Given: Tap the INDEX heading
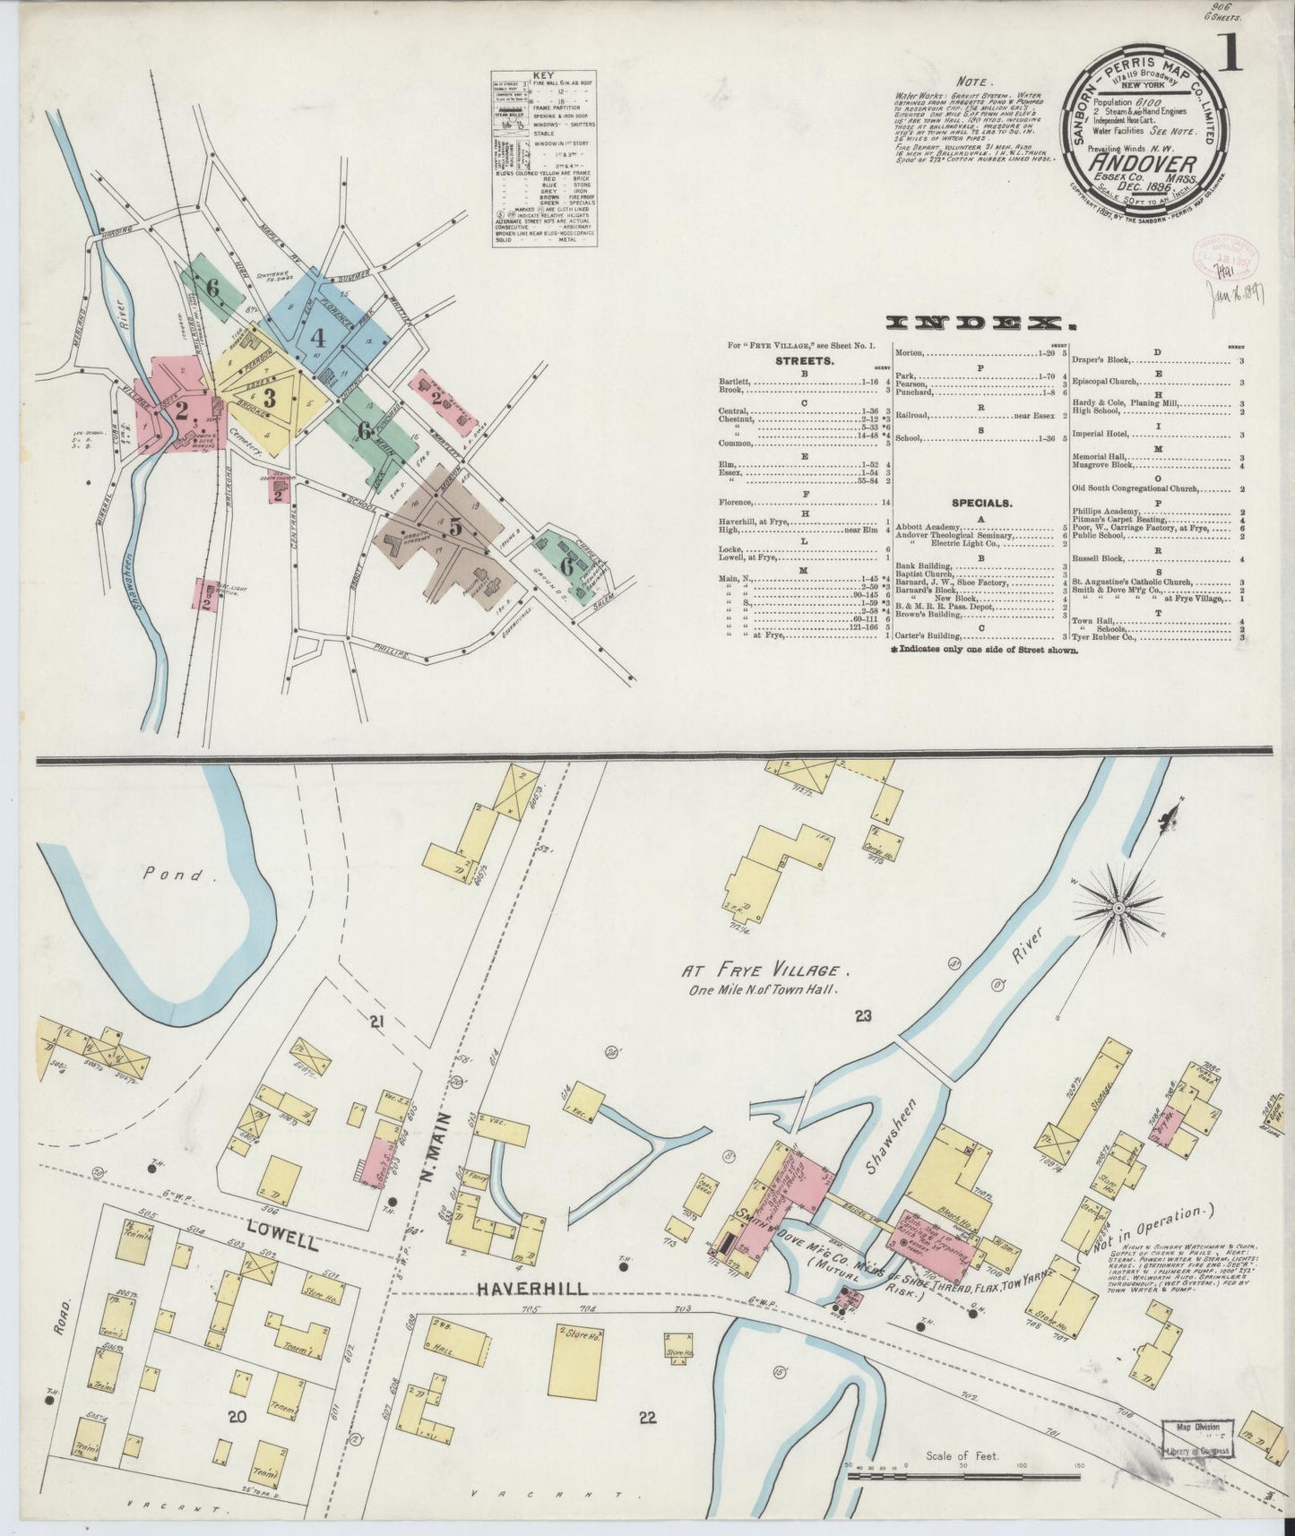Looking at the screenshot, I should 980,324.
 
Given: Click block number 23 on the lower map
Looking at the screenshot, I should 863,1016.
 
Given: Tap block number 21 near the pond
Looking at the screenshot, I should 376,1022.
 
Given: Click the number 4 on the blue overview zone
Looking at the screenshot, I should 316,339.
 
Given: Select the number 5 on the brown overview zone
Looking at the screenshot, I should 456,528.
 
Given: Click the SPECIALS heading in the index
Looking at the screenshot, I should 980,504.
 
